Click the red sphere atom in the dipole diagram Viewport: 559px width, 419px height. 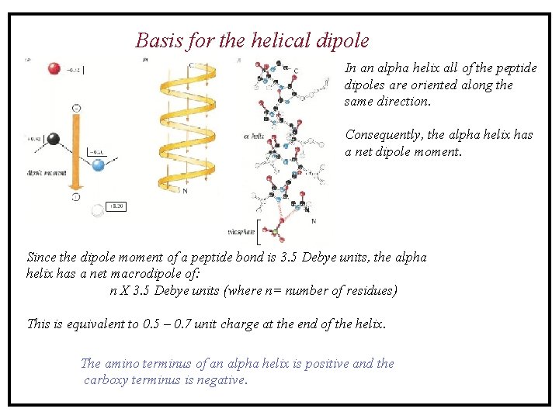click(54, 68)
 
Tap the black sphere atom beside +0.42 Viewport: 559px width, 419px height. click(54, 140)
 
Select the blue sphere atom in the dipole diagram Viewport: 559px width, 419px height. click(98, 164)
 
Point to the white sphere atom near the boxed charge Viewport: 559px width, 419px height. click(97, 209)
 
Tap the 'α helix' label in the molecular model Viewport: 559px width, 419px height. click(254, 137)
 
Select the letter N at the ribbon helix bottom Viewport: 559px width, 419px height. click(185, 191)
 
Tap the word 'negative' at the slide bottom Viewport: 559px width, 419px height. click(221, 380)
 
